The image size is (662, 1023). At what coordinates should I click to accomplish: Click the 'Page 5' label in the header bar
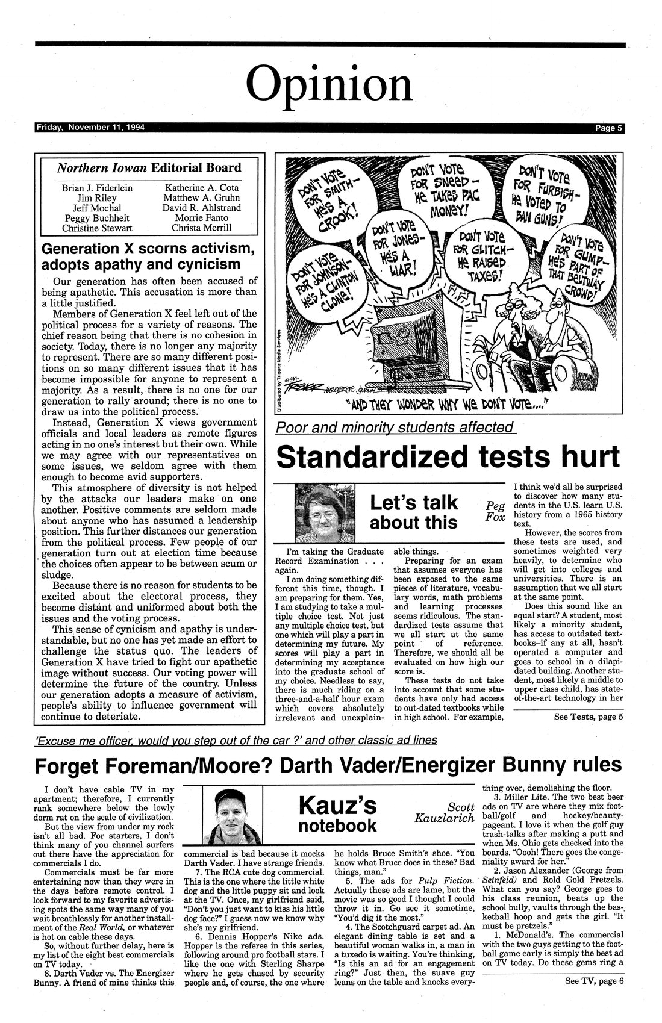[x=609, y=128]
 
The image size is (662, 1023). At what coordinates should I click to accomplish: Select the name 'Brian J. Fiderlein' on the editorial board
[x=98, y=188]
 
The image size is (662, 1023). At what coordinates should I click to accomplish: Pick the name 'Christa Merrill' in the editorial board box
[x=201, y=228]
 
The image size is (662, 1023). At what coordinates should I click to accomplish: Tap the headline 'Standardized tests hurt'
[x=448, y=457]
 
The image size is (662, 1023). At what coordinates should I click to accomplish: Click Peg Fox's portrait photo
[x=322, y=514]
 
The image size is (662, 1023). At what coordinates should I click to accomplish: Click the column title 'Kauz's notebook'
[x=337, y=813]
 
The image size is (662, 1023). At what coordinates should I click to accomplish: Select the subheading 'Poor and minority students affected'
[x=395, y=428]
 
